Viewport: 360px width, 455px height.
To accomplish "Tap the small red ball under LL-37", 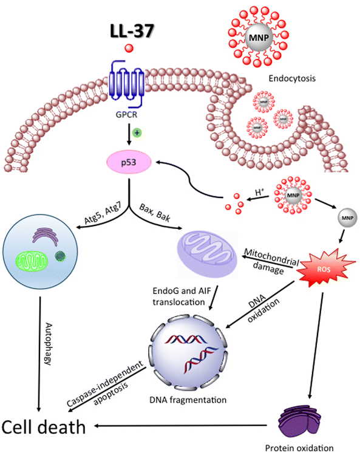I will click(x=128, y=48).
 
